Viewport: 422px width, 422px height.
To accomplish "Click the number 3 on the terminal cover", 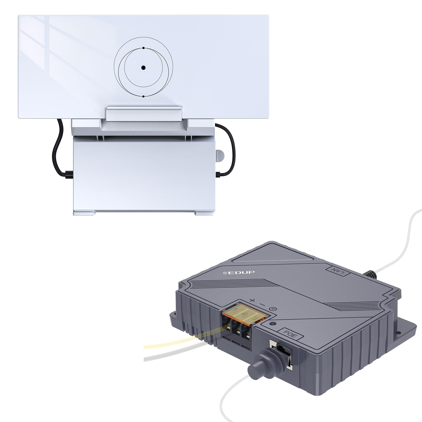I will click(x=254, y=319).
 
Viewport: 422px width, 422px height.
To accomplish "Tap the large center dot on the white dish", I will click(x=143, y=68).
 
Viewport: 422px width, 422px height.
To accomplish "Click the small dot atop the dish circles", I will click(x=143, y=48).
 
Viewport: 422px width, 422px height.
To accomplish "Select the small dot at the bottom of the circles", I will click(x=143, y=97).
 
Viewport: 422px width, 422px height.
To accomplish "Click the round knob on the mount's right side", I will click(x=219, y=156).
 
